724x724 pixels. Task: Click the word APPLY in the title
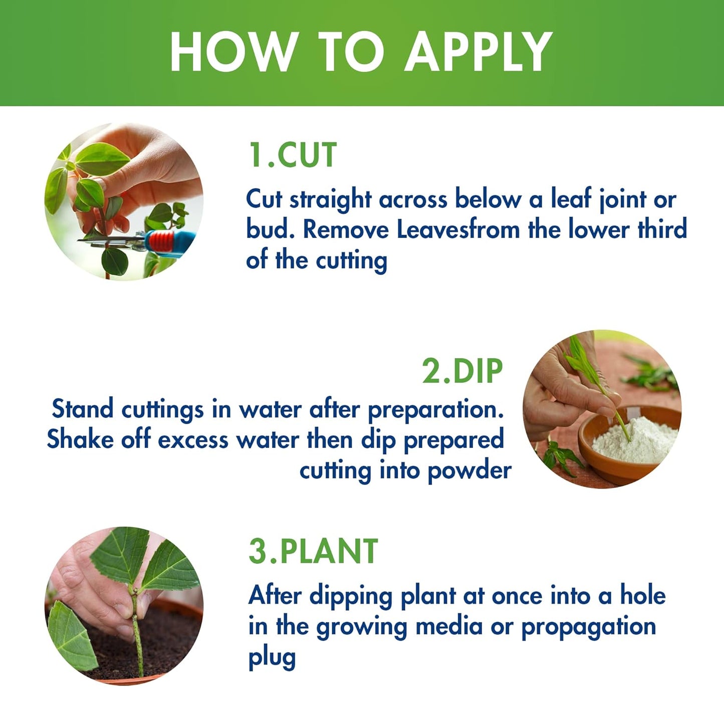point(478,52)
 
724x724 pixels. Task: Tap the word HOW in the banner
point(232,52)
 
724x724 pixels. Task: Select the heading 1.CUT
point(293,155)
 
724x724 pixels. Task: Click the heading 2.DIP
point(462,371)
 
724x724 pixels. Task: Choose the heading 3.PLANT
point(313,552)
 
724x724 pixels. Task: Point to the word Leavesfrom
point(458,229)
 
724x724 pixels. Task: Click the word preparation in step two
point(435,410)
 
